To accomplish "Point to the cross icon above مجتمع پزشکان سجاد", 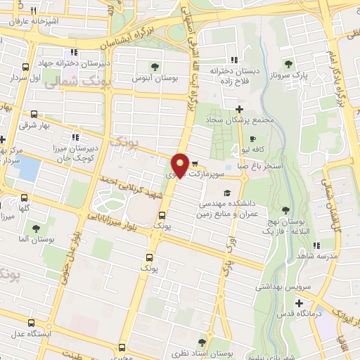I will point(240,108).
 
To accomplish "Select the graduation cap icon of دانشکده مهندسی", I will point(226,193).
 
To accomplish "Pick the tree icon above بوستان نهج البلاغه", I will point(285,210).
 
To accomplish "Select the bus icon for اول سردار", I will point(25,67).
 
